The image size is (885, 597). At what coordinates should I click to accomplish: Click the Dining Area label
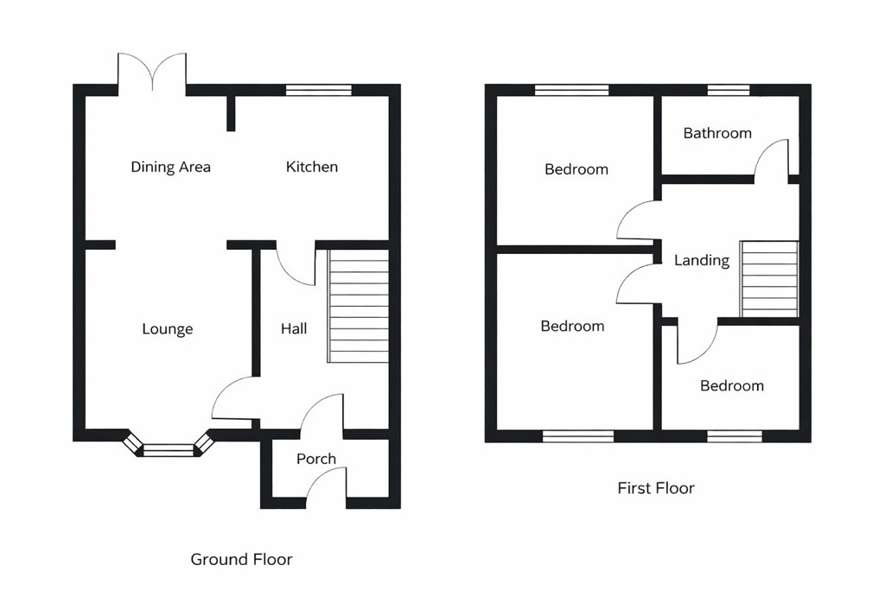click(170, 167)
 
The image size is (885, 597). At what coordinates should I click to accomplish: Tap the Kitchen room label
click(312, 167)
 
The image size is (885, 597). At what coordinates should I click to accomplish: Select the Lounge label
click(168, 329)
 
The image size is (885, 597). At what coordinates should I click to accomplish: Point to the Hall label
click(294, 329)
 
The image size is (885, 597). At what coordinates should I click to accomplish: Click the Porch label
click(316, 459)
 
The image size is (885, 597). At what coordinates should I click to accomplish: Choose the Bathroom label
click(717, 133)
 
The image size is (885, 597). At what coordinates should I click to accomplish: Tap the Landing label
click(702, 260)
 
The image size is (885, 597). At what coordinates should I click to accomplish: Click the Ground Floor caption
click(241, 560)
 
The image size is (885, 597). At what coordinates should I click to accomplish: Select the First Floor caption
click(656, 488)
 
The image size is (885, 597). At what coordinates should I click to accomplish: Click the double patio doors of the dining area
click(153, 73)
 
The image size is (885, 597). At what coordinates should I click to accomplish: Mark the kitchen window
click(319, 89)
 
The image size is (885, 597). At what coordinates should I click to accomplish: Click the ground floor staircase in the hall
click(358, 307)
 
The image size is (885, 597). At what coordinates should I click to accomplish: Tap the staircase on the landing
click(769, 279)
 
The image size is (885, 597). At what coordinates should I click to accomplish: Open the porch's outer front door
click(327, 486)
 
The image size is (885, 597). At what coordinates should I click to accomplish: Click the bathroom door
click(772, 159)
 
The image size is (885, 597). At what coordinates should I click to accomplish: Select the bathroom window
click(728, 89)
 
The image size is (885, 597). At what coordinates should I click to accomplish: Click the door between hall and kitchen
click(296, 266)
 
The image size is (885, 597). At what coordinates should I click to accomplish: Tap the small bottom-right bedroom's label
click(732, 386)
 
